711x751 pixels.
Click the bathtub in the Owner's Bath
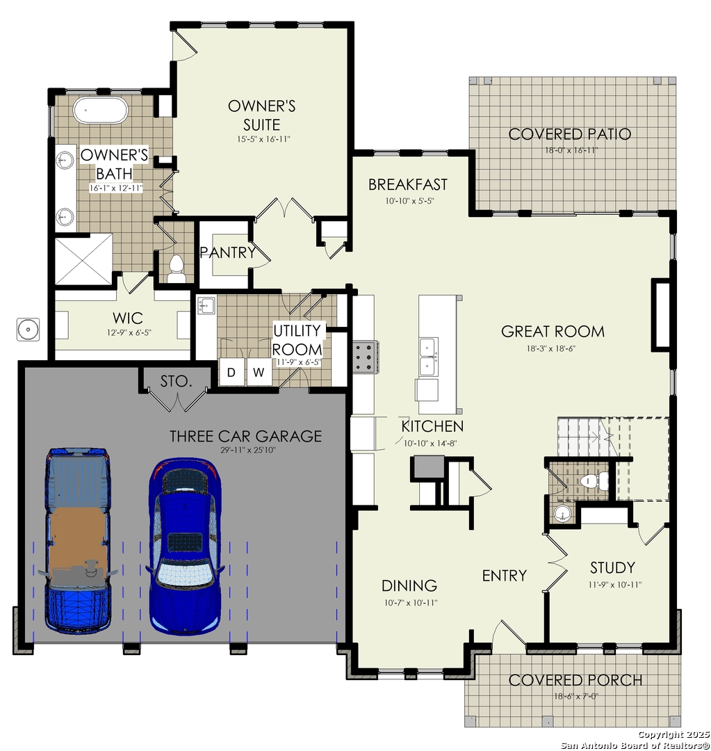[100, 110]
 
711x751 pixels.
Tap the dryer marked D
[231, 372]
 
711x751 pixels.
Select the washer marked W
[259, 372]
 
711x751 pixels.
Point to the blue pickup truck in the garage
[77, 541]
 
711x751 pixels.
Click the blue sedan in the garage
[185, 546]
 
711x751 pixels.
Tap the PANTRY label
[227, 252]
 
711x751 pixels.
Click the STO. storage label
[176, 381]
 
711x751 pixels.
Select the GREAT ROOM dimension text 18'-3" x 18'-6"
[550, 348]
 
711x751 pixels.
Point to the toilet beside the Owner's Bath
[177, 270]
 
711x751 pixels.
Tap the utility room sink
[206, 305]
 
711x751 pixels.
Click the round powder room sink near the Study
[562, 514]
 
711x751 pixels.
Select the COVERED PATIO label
[569, 134]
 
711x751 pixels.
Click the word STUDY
[612, 567]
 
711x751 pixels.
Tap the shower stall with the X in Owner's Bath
[84, 259]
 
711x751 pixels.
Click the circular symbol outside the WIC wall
[28, 330]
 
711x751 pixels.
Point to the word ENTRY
[504, 575]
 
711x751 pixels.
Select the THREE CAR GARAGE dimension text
[248, 450]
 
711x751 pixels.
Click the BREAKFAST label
[408, 184]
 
